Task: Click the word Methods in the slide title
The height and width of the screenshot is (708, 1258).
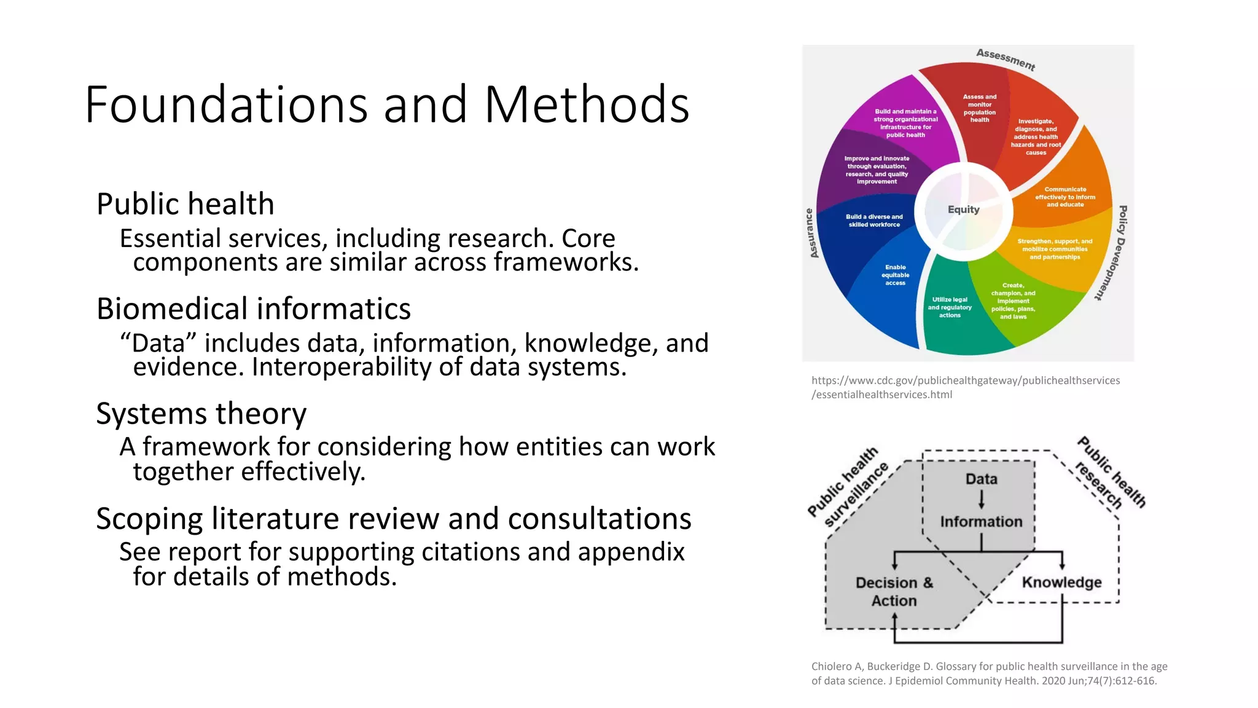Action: point(587,104)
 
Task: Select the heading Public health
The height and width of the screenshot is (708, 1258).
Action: point(185,204)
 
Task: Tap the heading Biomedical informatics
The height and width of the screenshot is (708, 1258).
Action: point(253,309)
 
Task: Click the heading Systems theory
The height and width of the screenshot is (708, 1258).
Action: point(201,414)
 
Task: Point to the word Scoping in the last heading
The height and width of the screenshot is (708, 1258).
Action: point(149,519)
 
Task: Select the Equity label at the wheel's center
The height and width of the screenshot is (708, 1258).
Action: point(963,210)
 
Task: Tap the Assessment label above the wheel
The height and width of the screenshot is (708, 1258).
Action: point(1006,59)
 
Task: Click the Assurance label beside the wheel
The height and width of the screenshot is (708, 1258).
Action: point(811,234)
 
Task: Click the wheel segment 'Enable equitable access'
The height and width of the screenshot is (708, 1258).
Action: point(895,275)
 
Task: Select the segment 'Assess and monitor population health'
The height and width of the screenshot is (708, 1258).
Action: point(979,108)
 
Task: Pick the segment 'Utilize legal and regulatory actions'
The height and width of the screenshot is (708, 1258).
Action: point(950,307)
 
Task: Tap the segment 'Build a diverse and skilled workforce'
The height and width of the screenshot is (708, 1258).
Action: point(874,221)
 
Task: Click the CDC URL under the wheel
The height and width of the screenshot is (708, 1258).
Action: point(965,387)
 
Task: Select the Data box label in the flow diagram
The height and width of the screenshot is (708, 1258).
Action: point(981,479)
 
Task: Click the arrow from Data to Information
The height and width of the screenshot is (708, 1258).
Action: point(982,499)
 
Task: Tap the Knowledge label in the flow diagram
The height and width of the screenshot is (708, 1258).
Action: point(1061,582)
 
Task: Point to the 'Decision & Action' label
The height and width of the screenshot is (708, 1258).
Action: point(894,591)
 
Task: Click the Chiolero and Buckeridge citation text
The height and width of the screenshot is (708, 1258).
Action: point(988,674)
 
